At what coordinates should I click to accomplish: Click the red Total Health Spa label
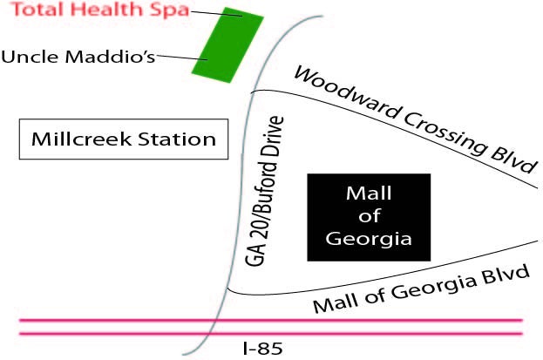100,10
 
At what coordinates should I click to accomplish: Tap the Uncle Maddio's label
78,57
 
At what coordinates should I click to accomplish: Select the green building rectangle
227,45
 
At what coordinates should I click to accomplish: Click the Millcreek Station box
124,139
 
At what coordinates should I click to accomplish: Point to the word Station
177,139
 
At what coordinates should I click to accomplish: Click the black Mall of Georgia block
369,217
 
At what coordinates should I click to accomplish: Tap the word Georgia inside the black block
369,239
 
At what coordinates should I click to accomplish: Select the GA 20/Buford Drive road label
264,191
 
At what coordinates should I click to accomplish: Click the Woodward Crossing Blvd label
415,119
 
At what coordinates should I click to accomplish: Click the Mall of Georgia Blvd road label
422,289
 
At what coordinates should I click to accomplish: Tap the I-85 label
263,348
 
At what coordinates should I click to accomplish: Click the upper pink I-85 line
271,321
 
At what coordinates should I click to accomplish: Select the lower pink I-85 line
271,334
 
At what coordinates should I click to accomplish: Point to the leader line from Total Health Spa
216,14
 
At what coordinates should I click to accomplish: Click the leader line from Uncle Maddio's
182,58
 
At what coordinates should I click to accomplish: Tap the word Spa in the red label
169,10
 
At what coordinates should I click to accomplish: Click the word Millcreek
82,139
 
